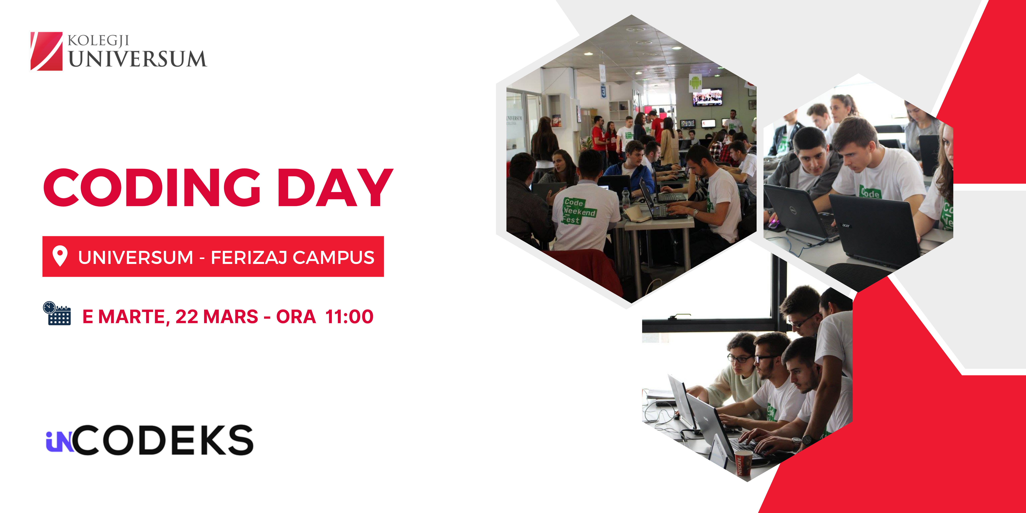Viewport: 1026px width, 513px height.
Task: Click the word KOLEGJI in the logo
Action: pyautogui.click(x=98, y=41)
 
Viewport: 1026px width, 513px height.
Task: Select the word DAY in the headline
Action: pyautogui.click(x=335, y=187)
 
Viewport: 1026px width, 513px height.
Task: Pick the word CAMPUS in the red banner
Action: pyautogui.click(x=334, y=257)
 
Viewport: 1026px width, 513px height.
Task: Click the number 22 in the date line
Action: pyautogui.click(x=187, y=317)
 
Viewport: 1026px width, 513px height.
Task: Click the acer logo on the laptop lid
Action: pyautogui.click(x=846, y=225)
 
